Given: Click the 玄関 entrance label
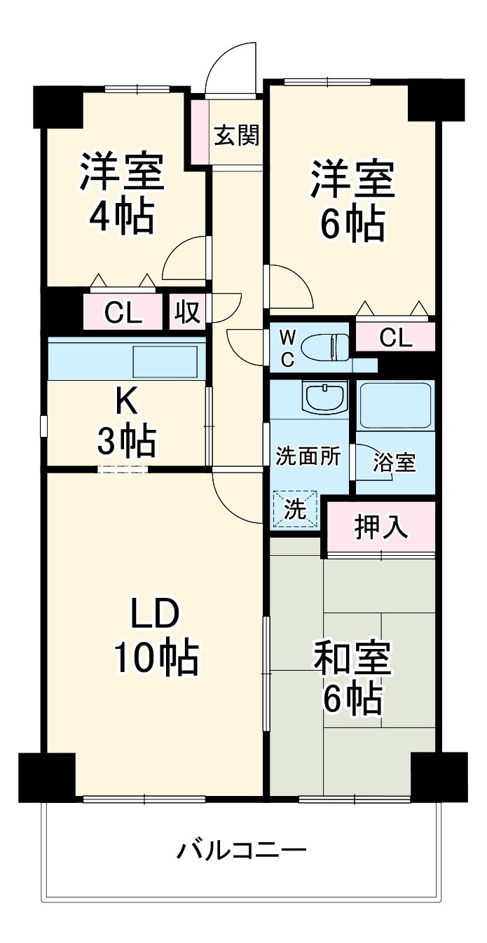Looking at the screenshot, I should [x=236, y=134].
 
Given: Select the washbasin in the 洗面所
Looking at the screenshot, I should [x=324, y=398].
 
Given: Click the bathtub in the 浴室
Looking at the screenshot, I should [x=395, y=406].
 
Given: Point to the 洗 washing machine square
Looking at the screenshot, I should [x=295, y=509].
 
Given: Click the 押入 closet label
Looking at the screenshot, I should [x=380, y=528].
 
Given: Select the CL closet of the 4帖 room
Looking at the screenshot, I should [x=123, y=313].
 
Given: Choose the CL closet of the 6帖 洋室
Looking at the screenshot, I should [x=395, y=337].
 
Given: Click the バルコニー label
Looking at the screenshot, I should [x=242, y=851].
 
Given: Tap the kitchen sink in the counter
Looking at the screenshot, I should [x=165, y=361].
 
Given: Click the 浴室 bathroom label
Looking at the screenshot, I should [x=395, y=462].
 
